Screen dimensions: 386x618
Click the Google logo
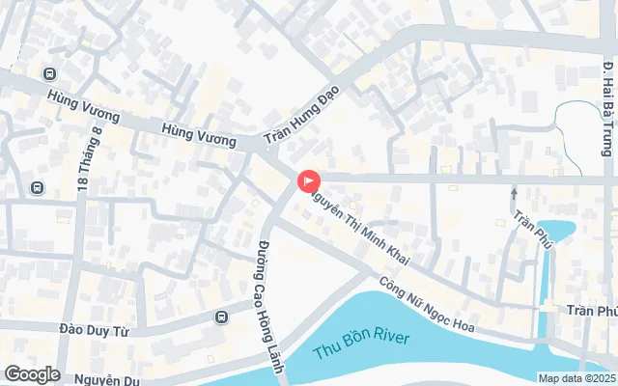[x=32, y=374]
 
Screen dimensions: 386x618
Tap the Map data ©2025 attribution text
[x=576, y=378]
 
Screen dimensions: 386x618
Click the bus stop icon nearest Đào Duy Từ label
[x=221, y=316]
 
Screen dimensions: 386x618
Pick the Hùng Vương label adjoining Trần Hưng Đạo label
[x=199, y=134]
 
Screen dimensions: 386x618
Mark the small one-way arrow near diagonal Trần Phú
[x=514, y=194]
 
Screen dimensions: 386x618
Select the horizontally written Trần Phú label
[x=591, y=312]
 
